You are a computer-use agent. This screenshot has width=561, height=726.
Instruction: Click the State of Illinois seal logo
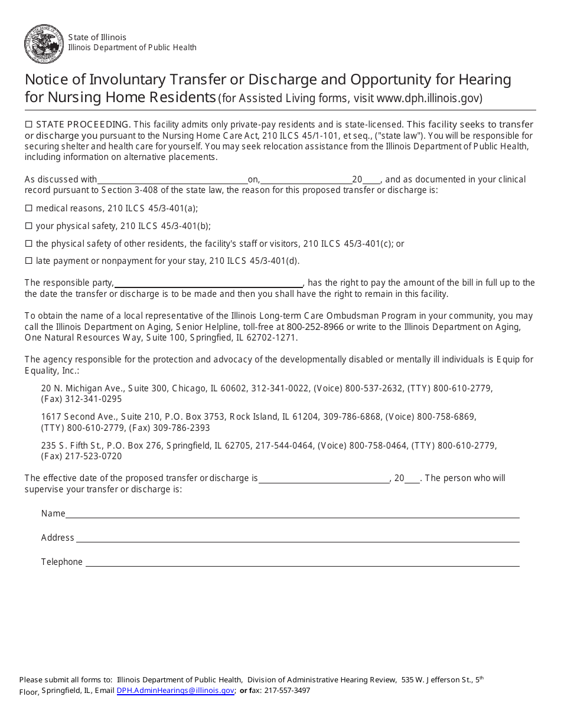coord(44,44)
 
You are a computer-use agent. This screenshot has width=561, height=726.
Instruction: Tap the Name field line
coord(292,515)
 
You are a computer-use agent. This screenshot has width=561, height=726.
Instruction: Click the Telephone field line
coord(302,563)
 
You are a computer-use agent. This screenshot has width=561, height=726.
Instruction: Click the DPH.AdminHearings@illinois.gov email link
coord(175,691)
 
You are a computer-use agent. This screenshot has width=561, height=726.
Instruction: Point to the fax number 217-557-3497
coord(287,691)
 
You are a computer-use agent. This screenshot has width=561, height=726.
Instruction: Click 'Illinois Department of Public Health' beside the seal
coord(132,48)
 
